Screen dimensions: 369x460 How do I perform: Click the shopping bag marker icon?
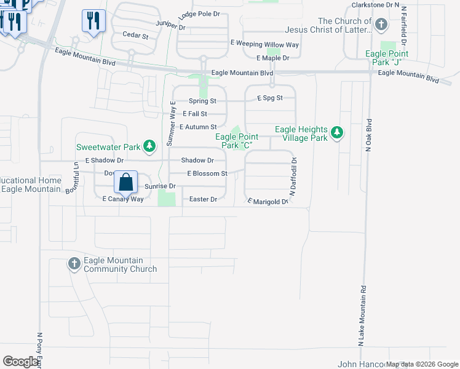[125, 182]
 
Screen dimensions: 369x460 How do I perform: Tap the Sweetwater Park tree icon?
[149, 146]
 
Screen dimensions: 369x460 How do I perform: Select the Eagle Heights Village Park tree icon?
[336, 132]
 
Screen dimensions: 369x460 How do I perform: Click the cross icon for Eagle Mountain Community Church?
[74, 264]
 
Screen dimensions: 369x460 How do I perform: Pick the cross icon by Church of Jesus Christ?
[381, 25]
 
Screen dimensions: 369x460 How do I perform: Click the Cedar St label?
[136, 36]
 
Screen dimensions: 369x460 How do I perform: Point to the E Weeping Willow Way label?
[264, 44]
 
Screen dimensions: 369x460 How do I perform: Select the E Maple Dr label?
[273, 58]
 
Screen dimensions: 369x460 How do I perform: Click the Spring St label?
[202, 100]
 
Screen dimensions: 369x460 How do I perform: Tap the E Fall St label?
[195, 114]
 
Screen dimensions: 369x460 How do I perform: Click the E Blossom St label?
[207, 173]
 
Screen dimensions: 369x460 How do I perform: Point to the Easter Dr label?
[204, 199]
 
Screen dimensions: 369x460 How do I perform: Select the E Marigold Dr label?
[268, 201]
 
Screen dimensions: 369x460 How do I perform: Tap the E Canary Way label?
[123, 199]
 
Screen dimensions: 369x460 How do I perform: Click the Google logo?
[20, 362]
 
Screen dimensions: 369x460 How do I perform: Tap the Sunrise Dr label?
[160, 186]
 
